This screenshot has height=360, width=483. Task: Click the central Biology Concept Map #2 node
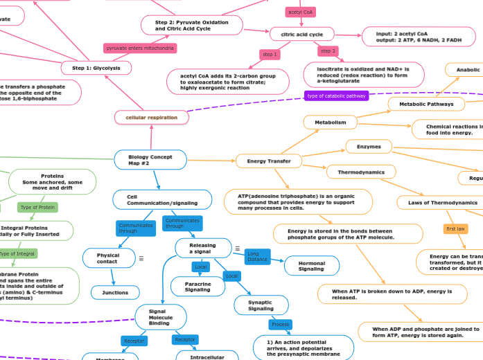pyautogui.click(x=150, y=160)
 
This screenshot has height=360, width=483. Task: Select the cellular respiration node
pyautogui.click(x=151, y=118)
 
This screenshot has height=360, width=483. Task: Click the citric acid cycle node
pyautogui.click(x=301, y=34)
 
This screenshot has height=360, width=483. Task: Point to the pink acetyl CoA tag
pyautogui.click(x=301, y=12)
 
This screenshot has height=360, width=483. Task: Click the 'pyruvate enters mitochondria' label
pyautogui.click(x=139, y=48)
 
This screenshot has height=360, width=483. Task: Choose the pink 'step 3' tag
pyautogui.click(x=328, y=51)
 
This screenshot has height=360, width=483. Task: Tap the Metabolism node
pyautogui.click(x=330, y=122)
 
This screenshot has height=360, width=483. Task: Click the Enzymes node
pyautogui.click(x=368, y=147)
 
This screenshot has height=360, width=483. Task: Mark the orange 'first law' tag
pyautogui.click(x=455, y=228)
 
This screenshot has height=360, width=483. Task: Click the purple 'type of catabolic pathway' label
pyautogui.click(x=336, y=96)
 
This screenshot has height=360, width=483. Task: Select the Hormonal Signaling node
pyautogui.click(x=311, y=266)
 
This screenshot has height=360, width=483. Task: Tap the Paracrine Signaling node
pyautogui.click(x=197, y=286)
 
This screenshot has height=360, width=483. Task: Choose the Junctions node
pyautogui.click(x=115, y=293)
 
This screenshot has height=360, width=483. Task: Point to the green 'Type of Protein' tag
pyautogui.click(x=37, y=207)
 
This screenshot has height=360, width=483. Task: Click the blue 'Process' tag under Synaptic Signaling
pyautogui.click(x=280, y=324)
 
